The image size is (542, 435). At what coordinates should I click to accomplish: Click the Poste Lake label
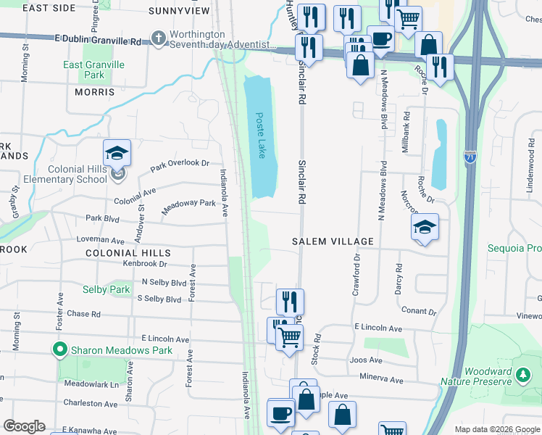pos(260,135)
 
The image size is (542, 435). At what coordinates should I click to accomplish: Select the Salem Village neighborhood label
pos(333,241)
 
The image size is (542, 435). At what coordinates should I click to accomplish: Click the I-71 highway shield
pos(470,157)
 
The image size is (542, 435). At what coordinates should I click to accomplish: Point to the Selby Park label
pos(106,290)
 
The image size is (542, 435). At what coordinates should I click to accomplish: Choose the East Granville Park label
pos(93,70)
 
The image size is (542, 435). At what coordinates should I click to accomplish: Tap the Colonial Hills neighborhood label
pos(128,253)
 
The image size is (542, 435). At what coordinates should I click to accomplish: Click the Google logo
pos(24,426)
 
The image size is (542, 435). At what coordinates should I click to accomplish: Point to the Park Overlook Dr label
pos(180,165)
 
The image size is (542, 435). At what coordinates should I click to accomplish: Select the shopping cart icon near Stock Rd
pos(290,336)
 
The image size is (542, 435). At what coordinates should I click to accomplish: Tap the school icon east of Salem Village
pos(425,228)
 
